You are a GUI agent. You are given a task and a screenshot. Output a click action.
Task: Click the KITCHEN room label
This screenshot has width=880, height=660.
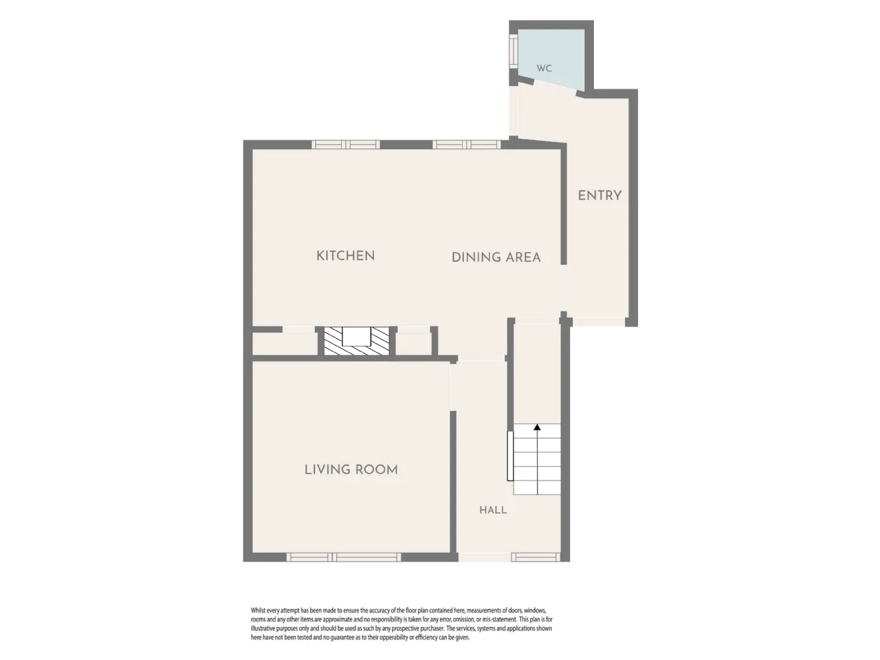(345, 256)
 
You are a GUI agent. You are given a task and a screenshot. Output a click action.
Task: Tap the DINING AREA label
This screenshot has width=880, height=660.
(496, 258)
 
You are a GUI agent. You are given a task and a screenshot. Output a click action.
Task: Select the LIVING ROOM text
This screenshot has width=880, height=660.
(351, 470)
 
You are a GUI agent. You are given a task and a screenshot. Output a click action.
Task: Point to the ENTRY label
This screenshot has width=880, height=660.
(599, 196)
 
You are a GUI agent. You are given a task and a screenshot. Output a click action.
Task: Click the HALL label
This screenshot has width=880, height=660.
(493, 510)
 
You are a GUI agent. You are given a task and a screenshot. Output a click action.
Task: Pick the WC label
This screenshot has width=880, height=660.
(544, 69)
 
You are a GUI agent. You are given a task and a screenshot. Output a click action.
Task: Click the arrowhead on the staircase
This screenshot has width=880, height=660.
(537, 427)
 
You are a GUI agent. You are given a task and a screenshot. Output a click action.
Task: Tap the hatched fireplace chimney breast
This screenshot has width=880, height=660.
(356, 341)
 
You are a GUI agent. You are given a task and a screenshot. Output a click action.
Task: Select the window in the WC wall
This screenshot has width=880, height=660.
(514, 50)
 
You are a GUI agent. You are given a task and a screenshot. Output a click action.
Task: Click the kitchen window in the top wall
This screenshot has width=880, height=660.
(346, 144)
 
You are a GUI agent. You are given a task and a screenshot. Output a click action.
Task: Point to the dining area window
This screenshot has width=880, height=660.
(467, 144)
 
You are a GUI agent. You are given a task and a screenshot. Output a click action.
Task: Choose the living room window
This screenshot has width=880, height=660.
(344, 557)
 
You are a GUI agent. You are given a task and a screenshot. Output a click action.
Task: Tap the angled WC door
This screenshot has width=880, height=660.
(555, 88)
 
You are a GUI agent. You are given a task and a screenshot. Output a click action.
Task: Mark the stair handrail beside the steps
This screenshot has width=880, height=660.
(510, 456)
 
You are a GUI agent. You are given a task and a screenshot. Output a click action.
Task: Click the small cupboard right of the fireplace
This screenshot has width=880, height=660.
(413, 344)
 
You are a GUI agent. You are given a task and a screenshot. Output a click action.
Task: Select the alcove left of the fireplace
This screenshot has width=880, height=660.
(285, 344)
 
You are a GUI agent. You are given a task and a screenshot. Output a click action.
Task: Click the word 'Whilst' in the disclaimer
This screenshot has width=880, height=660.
(258, 610)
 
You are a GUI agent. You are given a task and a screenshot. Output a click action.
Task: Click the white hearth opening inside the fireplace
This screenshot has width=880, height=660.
(356, 336)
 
